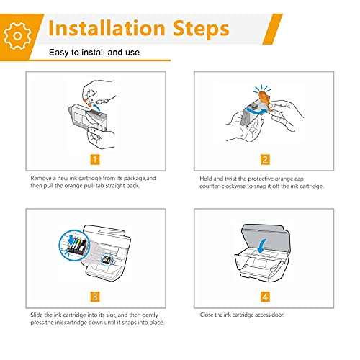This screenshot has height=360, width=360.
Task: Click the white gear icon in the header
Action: tap(17, 36)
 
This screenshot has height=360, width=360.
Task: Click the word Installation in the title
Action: tap(107, 28)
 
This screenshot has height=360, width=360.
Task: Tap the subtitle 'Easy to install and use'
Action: tap(94, 53)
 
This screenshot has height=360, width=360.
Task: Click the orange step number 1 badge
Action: tap(95, 160)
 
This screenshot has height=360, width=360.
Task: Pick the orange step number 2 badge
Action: tap(265, 160)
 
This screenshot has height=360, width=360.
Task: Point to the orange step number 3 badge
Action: tap(95, 297)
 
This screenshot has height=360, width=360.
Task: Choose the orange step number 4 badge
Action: tap(265, 297)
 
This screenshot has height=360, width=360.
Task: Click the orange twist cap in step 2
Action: tap(264, 99)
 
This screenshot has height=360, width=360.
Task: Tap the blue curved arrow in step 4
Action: tap(262, 246)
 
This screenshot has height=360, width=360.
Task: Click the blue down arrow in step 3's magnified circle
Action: tap(71, 239)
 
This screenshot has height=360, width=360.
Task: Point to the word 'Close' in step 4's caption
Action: tap(207, 315)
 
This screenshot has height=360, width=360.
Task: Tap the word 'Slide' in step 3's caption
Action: tap(37, 315)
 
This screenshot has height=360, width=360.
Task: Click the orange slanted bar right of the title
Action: tap(272, 29)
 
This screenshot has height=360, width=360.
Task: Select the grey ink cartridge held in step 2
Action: tap(249, 114)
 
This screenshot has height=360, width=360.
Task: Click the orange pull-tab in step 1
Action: tap(87, 102)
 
